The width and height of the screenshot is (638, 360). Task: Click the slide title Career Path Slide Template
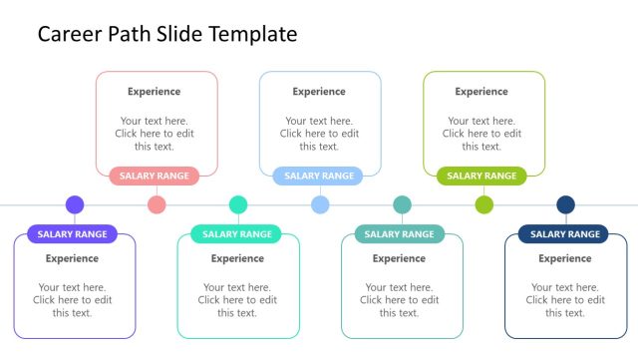point(167,34)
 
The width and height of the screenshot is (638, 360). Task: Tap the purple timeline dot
point(75,204)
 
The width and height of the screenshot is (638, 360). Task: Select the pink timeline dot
point(157,204)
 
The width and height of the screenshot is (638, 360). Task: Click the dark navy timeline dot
point(565,204)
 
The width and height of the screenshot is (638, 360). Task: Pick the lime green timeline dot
point(483,204)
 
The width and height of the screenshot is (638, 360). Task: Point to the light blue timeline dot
point(320,204)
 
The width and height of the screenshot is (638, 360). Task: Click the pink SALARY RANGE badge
point(155,176)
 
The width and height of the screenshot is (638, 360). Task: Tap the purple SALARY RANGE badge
point(73,234)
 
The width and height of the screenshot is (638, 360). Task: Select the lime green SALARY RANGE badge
point(481,176)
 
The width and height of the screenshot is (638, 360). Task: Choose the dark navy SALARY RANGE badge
point(563,234)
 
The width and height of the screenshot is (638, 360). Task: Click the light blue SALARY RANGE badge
point(319,176)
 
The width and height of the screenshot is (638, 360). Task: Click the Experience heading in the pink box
point(155,92)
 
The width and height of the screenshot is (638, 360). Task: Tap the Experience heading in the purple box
point(73,258)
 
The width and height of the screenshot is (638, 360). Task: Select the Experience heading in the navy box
point(565,258)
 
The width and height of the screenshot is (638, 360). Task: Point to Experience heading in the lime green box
point(481,92)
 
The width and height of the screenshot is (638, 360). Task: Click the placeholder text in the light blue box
point(319,134)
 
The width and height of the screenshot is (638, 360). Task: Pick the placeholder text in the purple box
point(73,300)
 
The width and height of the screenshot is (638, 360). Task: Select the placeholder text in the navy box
point(565,300)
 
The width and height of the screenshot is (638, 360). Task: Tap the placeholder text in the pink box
point(155,134)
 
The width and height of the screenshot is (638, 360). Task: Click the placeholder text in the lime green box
point(481,134)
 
